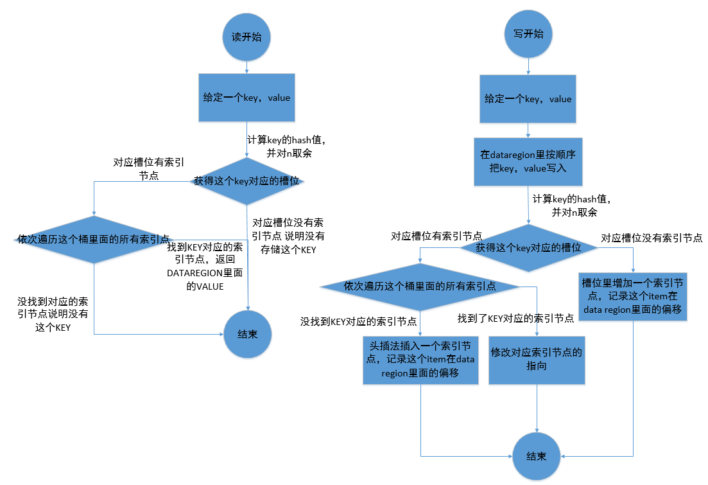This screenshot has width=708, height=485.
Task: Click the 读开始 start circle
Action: coord(246,37)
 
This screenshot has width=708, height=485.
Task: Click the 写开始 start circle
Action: coord(528,34)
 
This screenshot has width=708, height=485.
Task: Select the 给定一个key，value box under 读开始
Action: coord(246,98)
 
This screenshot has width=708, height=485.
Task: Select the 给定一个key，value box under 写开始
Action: coord(528,99)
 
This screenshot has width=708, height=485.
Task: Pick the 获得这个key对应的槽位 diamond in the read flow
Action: coord(247,181)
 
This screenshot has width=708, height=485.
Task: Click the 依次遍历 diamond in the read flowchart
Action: coord(94,239)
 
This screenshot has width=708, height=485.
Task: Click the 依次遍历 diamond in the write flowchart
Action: coord(420,287)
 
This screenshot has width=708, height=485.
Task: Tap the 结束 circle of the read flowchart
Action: coord(247,334)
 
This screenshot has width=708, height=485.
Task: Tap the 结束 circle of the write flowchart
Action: coord(536,456)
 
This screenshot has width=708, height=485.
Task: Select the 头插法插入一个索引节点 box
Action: coord(420,360)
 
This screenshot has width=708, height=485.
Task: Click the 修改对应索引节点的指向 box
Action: coord(536,360)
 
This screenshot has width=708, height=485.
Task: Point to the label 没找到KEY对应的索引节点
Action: coord(359,321)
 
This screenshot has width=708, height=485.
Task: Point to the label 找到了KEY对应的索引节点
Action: coord(515,319)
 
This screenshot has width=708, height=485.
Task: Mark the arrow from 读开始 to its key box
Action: coord(246,66)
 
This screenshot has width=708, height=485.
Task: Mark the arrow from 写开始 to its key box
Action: coord(528,66)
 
